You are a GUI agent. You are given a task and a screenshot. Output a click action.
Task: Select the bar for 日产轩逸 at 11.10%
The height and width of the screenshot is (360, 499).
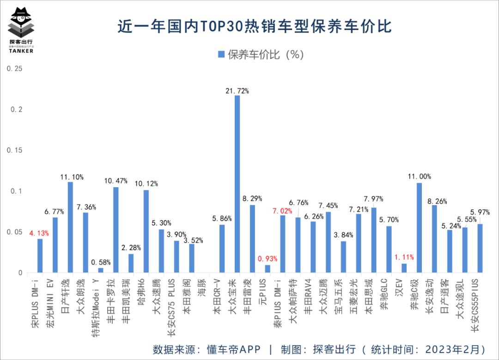pos(70,227)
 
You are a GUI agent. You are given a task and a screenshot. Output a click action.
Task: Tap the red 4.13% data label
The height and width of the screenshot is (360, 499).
pos(40,233)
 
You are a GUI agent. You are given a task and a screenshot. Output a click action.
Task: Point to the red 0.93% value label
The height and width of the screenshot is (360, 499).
pos(268,257)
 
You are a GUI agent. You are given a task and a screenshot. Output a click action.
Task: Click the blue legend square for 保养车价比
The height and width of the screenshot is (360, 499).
pos(220,55)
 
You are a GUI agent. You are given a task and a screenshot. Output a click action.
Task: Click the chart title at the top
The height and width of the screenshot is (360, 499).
pos(255,26)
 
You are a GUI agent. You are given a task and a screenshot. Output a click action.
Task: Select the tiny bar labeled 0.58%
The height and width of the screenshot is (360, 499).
pos(101,270)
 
